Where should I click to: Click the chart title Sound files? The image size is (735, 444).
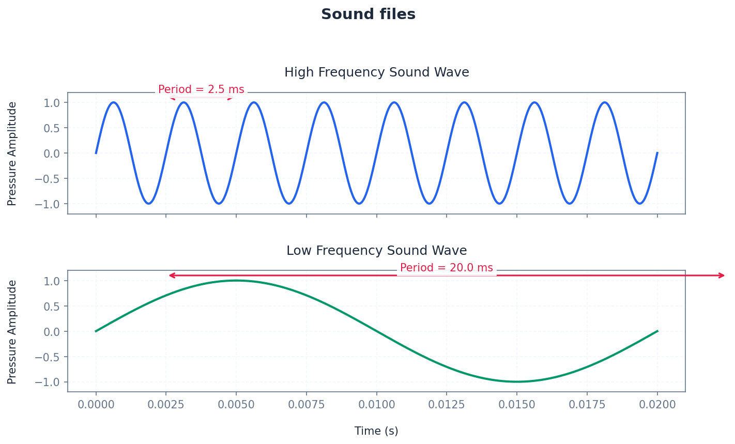368,14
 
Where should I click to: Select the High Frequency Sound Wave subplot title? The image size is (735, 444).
376,72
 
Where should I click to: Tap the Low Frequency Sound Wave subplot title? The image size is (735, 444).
376,251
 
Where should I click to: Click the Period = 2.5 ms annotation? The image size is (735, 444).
201,89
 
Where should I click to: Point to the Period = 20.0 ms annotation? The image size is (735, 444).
446,268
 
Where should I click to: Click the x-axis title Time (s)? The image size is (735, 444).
376,431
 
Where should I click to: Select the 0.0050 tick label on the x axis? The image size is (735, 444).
236,405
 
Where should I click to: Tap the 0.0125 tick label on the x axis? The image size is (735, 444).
447,405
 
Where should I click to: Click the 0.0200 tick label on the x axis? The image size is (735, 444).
657,405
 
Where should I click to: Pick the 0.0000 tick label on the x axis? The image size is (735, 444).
96,405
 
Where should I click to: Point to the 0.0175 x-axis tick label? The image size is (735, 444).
587,405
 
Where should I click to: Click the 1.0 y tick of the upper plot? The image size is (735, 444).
52,102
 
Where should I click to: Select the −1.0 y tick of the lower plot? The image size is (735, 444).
48,382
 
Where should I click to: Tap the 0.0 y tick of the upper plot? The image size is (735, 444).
52,153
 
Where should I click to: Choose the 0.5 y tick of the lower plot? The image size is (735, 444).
52,306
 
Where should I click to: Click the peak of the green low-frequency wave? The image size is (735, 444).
236,281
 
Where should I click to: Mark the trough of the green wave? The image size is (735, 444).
517,382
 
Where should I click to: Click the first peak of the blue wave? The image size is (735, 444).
113,102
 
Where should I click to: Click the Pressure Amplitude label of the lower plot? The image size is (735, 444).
12,332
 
